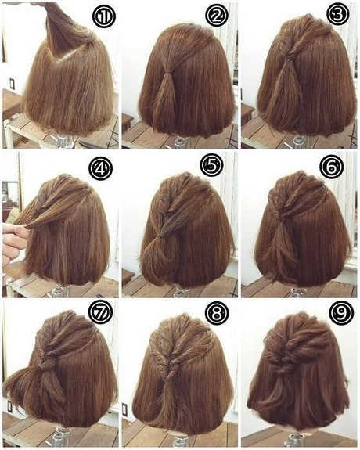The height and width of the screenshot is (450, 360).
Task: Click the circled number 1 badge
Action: tap(103, 16)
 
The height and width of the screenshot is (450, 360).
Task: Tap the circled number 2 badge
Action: tap(217, 16)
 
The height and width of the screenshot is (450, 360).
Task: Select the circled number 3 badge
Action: tap(338, 14)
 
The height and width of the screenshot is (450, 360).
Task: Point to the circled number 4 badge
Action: tap(100, 168)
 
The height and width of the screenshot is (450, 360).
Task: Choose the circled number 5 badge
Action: tap(211, 166)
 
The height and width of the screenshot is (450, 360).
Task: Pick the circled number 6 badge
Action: tap(332, 167)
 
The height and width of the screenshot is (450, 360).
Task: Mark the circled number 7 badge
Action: tap(100, 313)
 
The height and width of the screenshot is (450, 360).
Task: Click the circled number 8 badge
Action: tap(218, 313)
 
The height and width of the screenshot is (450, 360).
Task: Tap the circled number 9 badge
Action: tap(341, 314)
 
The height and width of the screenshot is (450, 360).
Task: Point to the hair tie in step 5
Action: tap(161, 236)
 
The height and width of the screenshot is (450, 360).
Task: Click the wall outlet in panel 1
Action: tap(12, 84)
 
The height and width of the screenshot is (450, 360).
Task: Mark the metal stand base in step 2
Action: tap(181, 142)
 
